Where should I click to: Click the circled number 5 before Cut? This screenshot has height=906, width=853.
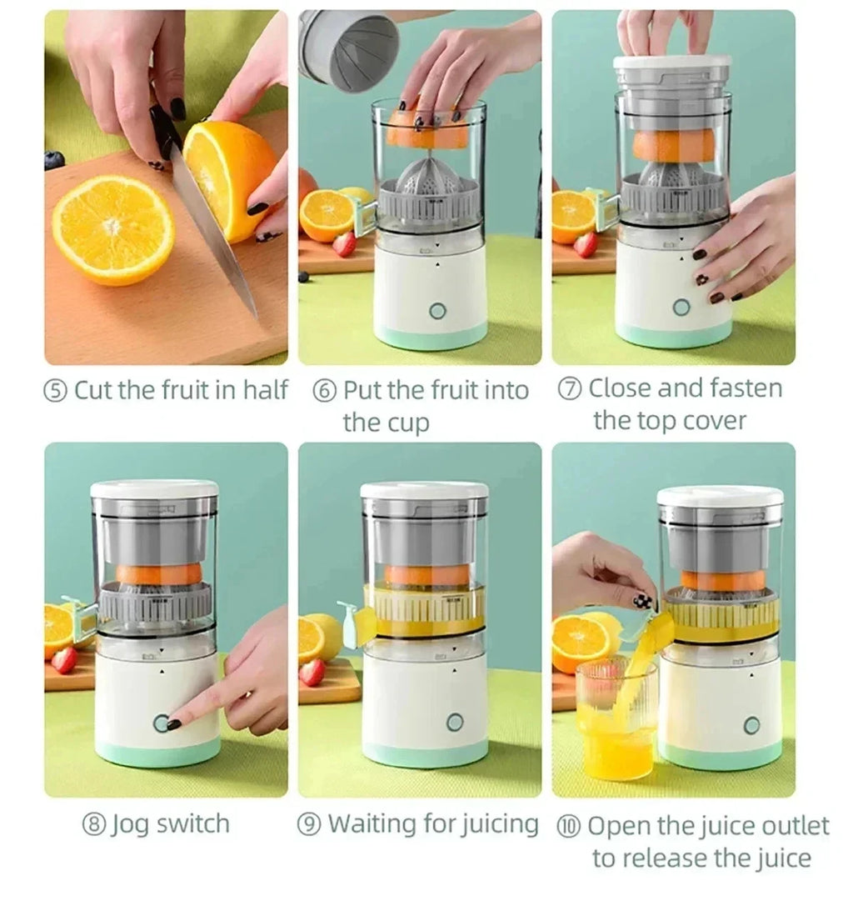point(57,391)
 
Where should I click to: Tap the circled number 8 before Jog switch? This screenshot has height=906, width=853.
point(93,825)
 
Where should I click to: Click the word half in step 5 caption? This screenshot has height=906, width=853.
point(265,389)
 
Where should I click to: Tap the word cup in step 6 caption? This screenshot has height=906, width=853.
point(409,423)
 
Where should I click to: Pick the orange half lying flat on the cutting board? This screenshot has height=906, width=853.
point(113,228)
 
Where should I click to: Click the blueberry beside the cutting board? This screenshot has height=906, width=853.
point(54,160)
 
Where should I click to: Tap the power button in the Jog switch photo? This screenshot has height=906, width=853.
point(161,723)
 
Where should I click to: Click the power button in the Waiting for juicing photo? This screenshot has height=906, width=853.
point(454,722)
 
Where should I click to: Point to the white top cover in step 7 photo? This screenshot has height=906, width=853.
point(671,63)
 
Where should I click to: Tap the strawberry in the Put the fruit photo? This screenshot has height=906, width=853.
point(343,243)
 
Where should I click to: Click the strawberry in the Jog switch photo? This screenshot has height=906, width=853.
point(63,659)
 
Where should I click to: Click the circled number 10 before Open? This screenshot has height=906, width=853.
point(571,827)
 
